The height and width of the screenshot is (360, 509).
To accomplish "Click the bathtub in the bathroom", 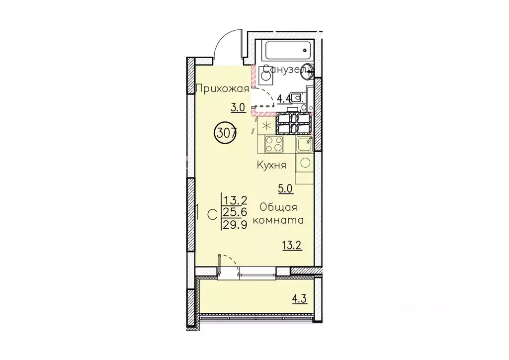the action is pyautogui.click(x=288, y=50).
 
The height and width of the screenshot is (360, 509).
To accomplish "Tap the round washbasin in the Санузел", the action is pyautogui.click(x=306, y=71).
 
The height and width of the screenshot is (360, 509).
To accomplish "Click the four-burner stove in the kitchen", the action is pyautogui.click(x=274, y=144).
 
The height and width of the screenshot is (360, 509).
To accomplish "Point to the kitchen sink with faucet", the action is pyautogui.click(x=305, y=144).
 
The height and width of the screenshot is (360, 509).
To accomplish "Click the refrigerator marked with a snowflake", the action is pyautogui.click(x=266, y=125).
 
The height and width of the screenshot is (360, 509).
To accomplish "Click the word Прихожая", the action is pyautogui.click(x=223, y=89).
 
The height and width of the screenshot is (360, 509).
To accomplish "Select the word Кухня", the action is pyautogui.click(x=271, y=165).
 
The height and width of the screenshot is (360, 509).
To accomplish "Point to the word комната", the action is pyautogui.click(x=278, y=220).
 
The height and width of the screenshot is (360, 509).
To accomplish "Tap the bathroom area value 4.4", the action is pyautogui.click(x=284, y=98).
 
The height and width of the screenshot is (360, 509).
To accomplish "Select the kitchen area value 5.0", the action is pyautogui.click(x=286, y=188).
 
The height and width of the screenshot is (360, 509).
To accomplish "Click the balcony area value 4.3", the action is pyautogui.click(x=300, y=298).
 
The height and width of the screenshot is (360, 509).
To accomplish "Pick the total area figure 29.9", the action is pyautogui.click(x=235, y=224).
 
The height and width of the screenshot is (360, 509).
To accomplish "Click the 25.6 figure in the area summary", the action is pyautogui.click(x=235, y=212).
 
